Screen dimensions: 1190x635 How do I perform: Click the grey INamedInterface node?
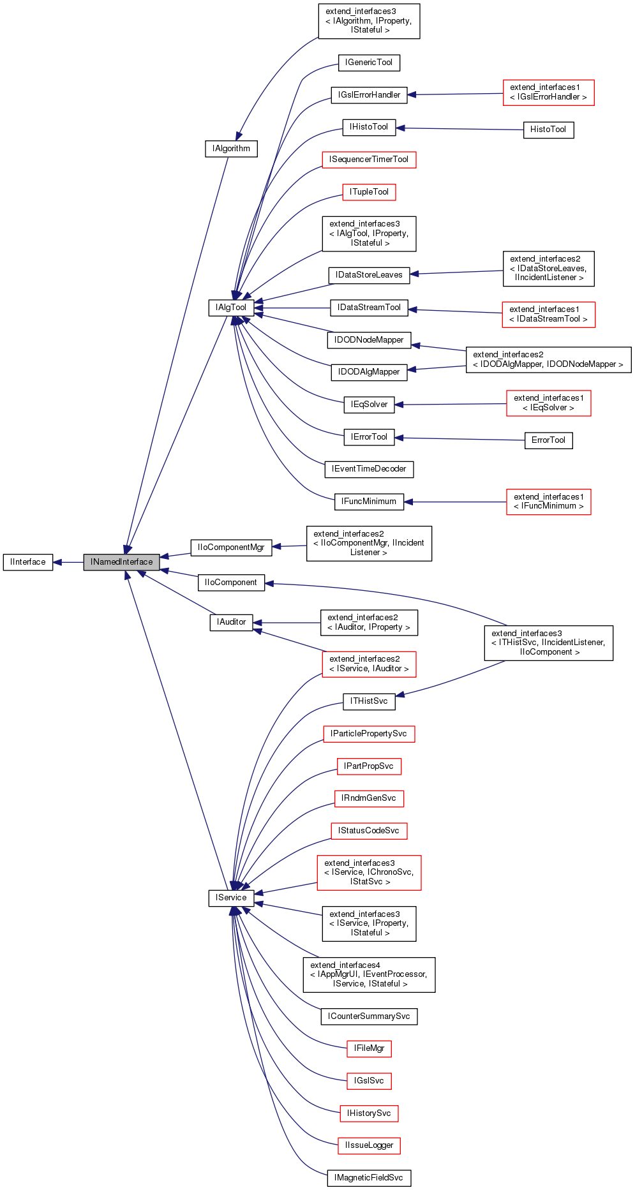(121, 562)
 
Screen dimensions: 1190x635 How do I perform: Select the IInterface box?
(28, 562)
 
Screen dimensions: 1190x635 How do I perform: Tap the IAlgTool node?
(231, 308)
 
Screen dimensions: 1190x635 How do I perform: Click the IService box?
(231, 898)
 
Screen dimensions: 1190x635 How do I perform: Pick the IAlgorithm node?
(231, 149)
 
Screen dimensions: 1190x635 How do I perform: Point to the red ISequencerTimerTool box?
(369, 160)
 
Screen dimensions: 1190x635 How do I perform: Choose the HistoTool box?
(548, 130)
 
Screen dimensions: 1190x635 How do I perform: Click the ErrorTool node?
(548, 440)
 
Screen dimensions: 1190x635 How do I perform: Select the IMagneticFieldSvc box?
(369, 1178)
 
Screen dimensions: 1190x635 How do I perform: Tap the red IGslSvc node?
(369, 1081)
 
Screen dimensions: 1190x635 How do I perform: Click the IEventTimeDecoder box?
(369, 469)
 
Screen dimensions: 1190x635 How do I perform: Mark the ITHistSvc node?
(369, 701)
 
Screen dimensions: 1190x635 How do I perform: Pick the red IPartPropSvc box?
(369, 766)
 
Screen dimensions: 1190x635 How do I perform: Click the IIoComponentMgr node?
(231, 547)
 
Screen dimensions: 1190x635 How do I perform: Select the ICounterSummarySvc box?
(369, 1016)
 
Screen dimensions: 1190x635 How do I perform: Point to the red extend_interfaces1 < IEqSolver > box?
(548, 403)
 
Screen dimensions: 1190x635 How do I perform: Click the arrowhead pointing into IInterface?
(57, 562)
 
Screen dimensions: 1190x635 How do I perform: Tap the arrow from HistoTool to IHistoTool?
(459, 129)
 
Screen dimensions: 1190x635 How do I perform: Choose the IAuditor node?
(231, 622)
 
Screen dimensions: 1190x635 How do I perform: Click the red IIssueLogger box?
(369, 1145)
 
